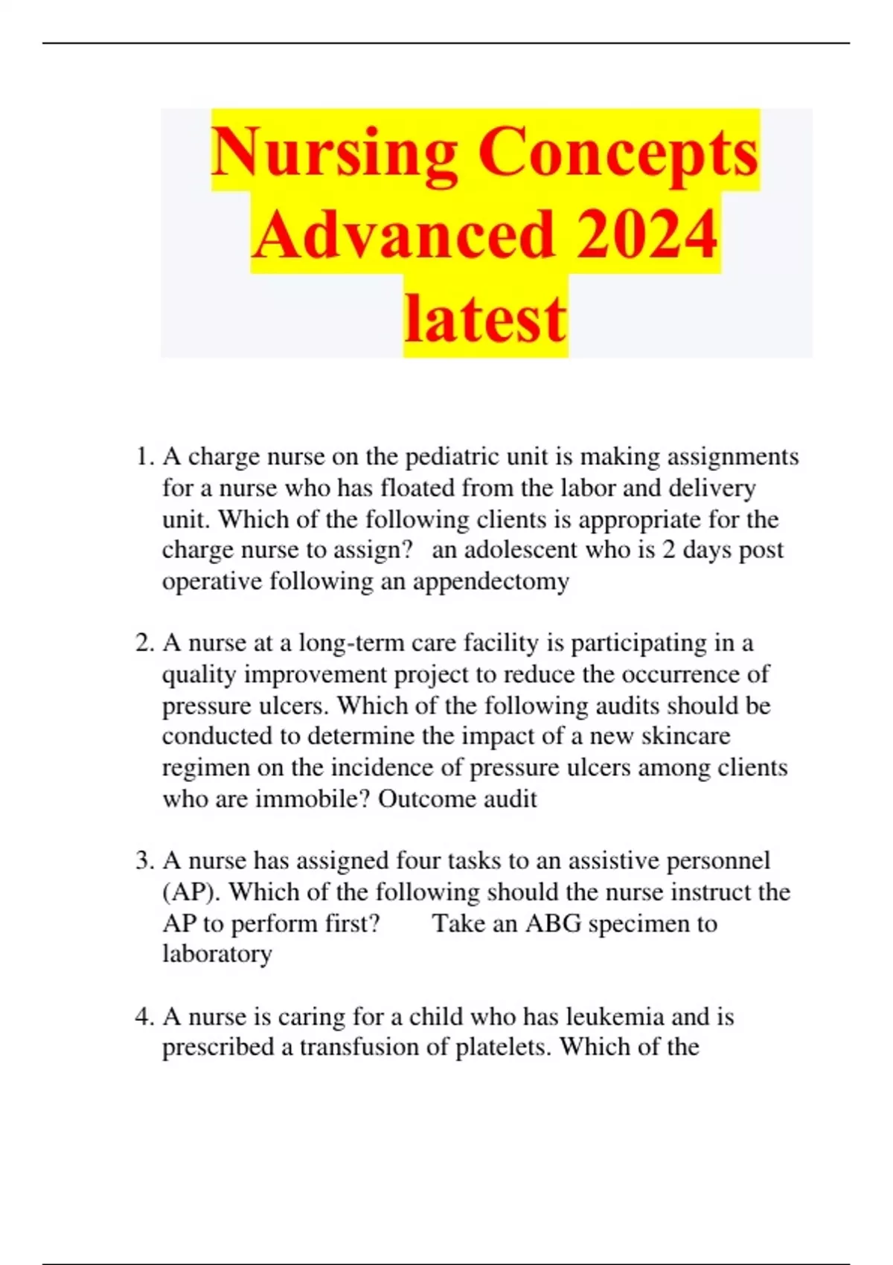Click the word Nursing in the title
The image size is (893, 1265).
pyautogui.click(x=334, y=153)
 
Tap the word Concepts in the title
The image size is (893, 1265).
pyautogui.click(x=618, y=153)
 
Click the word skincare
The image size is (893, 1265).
pyautogui.click(x=685, y=737)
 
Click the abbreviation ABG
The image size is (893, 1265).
pyautogui.click(x=553, y=923)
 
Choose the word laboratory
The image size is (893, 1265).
pyautogui.click(x=217, y=954)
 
